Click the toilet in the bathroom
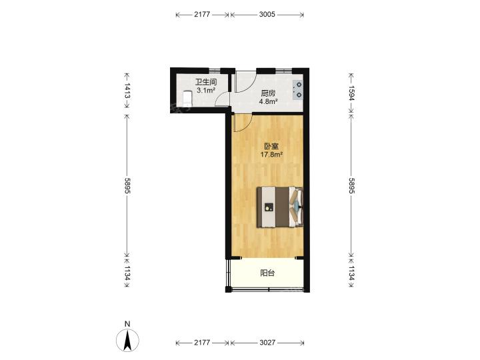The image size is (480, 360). pos(187,99)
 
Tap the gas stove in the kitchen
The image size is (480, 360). pos(297,90)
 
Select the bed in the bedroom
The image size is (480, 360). pos(280,207)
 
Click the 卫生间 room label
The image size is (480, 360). pos(206,82)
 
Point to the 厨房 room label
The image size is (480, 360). pos(268,93)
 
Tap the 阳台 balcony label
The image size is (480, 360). pos(267,273)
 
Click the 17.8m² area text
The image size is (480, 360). pos(271,155)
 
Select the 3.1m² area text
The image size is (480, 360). pos(206,90)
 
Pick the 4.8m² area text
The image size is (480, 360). pos(269,101)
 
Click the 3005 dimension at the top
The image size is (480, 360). pos(267,15)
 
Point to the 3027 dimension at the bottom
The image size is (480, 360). pos(267,343)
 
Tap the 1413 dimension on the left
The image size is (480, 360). pos(127,91)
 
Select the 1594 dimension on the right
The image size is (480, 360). pos(351,93)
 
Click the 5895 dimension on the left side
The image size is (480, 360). pos(127,185)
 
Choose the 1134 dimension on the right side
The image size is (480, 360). pos(351,273)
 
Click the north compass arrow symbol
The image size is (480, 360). pos(127,340)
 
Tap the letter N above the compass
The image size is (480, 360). pos(127,324)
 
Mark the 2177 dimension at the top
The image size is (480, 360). pos(202,15)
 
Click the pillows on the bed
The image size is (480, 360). pos(296,207)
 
